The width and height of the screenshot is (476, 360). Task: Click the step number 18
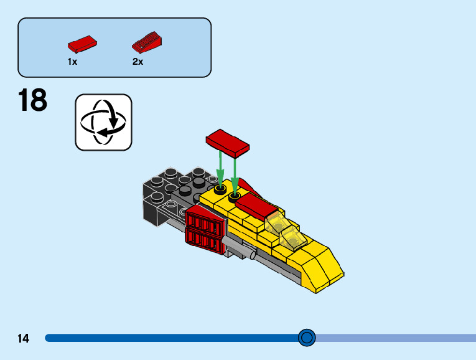pyautogui.click(x=32, y=101)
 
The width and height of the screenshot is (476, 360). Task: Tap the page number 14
pyautogui.click(x=24, y=339)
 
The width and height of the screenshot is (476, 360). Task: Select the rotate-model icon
pyautogui.click(x=103, y=122)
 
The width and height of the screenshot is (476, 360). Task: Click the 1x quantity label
pyautogui.click(x=73, y=62)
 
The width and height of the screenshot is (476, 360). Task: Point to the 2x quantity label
pyautogui.click(x=138, y=62)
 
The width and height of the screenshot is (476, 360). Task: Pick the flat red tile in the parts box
pyautogui.click(x=82, y=44)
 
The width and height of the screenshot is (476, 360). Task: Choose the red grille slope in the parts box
pyautogui.click(x=147, y=42)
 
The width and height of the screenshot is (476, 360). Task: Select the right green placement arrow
pyautogui.click(x=235, y=171)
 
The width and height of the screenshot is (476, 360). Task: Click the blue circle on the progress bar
pyautogui.click(x=307, y=338)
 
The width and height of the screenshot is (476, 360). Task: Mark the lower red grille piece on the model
pyautogui.click(x=203, y=242)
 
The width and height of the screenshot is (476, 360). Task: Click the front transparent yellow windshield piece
pyautogui.click(x=291, y=237)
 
